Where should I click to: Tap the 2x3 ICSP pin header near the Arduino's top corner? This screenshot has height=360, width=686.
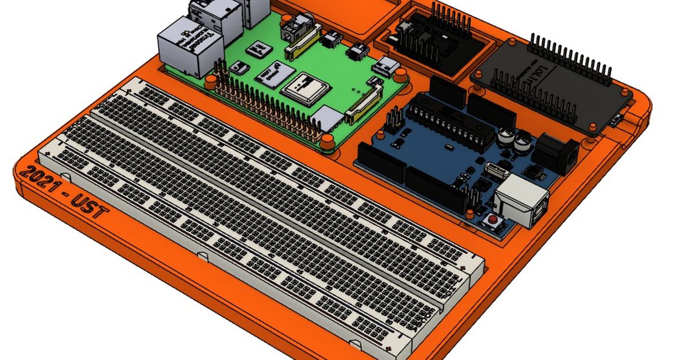394,120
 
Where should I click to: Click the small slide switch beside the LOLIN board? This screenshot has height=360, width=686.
616,121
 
